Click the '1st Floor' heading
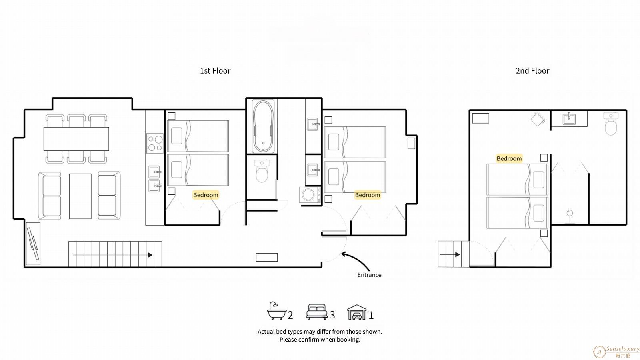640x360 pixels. click(x=215, y=70)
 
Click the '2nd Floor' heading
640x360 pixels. click(x=532, y=70)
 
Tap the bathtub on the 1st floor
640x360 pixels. click(x=263, y=126)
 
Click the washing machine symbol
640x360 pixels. click(x=310, y=195)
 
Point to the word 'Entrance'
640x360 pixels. click(x=369, y=275)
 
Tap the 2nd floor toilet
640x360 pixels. click(x=611, y=124)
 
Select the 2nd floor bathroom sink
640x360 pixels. click(x=569, y=119)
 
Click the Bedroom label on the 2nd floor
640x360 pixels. click(x=509, y=158)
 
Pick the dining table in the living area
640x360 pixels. click(x=76, y=139)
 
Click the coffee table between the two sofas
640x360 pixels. click(x=80, y=196)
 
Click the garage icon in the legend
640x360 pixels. click(x=356, y=312)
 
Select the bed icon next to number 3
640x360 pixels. click(x=316, y=312)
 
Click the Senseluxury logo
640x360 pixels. click(x=616, y=352)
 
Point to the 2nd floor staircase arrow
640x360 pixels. click(x=450, y=254)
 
